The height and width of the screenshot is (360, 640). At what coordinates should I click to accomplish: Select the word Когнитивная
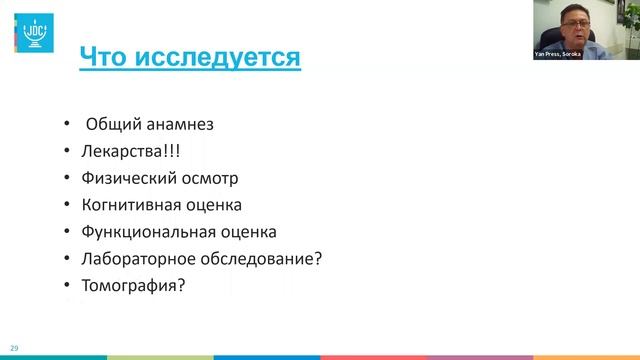(133, 206)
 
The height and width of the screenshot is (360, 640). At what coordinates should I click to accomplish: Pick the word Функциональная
(146, 233)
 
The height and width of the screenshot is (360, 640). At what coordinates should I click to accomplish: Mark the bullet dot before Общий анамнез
(65, 125)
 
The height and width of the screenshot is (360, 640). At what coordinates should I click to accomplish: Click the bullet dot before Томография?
(65, 286)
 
